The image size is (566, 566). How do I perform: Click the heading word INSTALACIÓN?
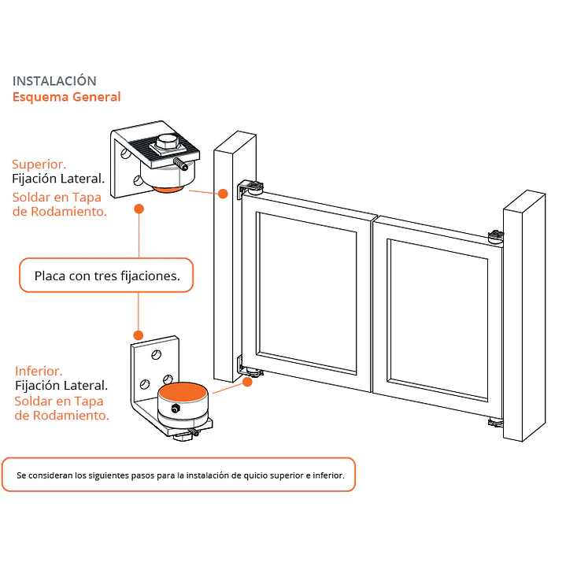tap(54, 81)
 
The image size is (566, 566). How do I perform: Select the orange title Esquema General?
tap(66, 97)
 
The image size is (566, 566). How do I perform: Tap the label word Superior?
tap(39, 165)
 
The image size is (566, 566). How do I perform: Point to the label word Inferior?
tap(39, 371)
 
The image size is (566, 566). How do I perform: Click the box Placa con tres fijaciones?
tap(106, 275)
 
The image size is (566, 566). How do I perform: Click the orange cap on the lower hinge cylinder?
tap(183, 391)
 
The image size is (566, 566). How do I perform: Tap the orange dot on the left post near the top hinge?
tap(223, 194)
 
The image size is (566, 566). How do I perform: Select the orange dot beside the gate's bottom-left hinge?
tap(247, 382)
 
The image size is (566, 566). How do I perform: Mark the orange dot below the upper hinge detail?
tap(139, 209)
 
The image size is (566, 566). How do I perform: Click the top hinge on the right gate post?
tap(496, 237)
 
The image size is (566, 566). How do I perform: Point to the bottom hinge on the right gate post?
tap(496, 423)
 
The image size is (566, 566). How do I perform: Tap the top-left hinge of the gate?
tap(250, 189)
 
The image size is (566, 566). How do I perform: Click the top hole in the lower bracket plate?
tap(157, 355)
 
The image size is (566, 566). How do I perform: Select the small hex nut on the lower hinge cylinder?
tap(176, 409)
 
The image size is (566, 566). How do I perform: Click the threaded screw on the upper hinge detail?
tap(180, 165)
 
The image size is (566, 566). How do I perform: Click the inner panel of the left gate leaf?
tap(307, 293)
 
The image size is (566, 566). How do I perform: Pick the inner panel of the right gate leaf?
tap(438, 320)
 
